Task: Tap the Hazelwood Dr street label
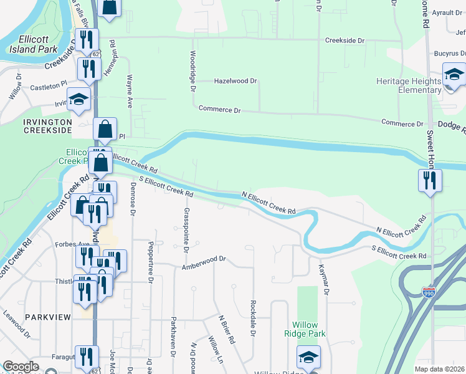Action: click(235, 81)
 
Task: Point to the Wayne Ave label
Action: click(130, 91)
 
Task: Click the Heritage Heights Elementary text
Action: click(408, 85)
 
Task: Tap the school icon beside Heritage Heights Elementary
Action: click(454, 75)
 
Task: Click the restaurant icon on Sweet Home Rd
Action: click(430, 180)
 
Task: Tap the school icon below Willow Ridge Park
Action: click(308, 357)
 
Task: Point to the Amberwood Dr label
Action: click(202, 267)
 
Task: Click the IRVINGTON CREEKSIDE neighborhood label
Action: click(39, 125)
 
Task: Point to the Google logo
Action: click(21, 366)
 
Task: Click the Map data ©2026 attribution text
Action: click(440, 368)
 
